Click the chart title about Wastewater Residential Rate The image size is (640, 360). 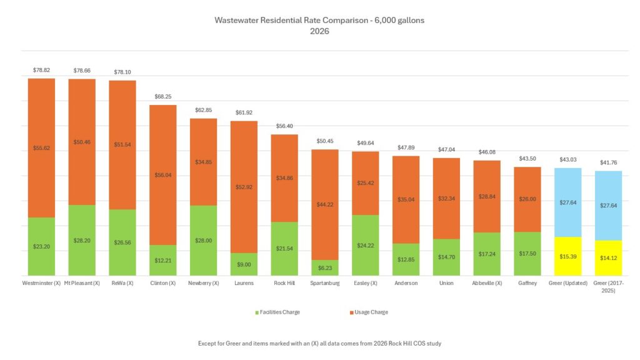319,25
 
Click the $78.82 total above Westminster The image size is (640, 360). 41,71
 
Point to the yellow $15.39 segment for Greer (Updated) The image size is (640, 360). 567,256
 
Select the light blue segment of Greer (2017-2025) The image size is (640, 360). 608,205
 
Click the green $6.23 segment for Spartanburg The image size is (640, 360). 324,267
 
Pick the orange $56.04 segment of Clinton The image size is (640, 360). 162,175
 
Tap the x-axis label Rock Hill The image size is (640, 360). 284,282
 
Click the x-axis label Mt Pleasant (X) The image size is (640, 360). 82,282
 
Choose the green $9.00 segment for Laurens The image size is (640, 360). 244,264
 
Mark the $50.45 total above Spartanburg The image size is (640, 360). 324,141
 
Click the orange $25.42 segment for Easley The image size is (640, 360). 365,183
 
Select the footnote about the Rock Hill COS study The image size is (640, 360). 319,344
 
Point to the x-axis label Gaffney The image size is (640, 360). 527,282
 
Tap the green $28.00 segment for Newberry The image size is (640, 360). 203,241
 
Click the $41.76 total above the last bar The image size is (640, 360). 608,162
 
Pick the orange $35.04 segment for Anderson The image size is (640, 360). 406,199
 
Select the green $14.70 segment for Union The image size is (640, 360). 446,257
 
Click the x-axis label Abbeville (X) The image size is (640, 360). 486,282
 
